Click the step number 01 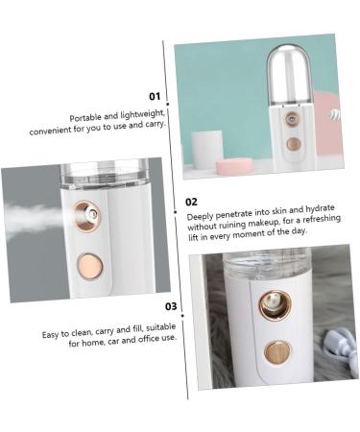[x=155, y=96]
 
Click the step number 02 [x=191, y=202]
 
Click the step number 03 [x=171, y=306]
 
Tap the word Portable [x=85, y=117]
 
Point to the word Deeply [x=200, y=217]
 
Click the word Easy [x=50, y=335]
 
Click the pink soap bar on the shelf [x=234, y=166]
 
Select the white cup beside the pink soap [x=207, y=150]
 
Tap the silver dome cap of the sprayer [x=289, y=76]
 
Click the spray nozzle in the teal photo [x=292, y=120]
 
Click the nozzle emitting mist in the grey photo [x=87, y=216]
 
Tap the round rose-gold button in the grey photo [x=90, y=266]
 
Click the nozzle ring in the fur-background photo [x=275, y=305]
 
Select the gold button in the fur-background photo [x=277, y=353]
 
